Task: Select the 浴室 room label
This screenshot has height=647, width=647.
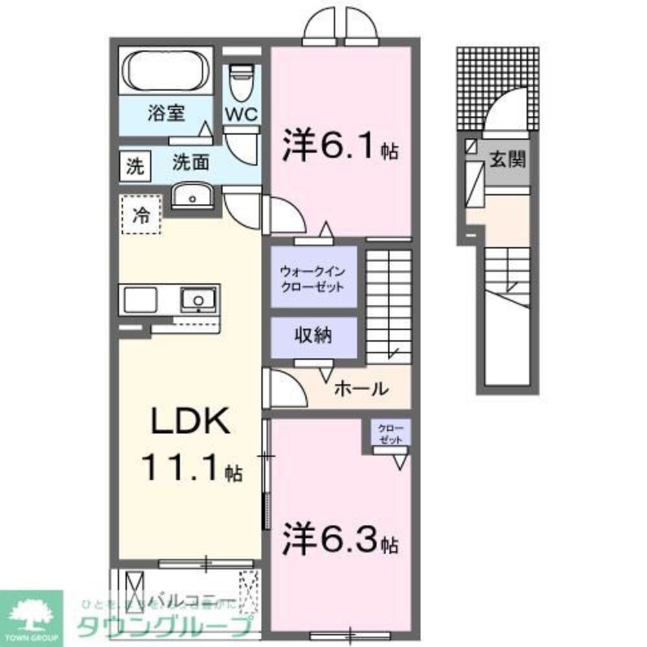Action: click(x=166, y=114)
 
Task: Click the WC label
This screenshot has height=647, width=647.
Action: click(x=241, y=114)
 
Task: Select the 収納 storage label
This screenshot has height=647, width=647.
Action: click(x=314, y=335)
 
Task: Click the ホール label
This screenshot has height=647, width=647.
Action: click(x=360, y=389)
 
